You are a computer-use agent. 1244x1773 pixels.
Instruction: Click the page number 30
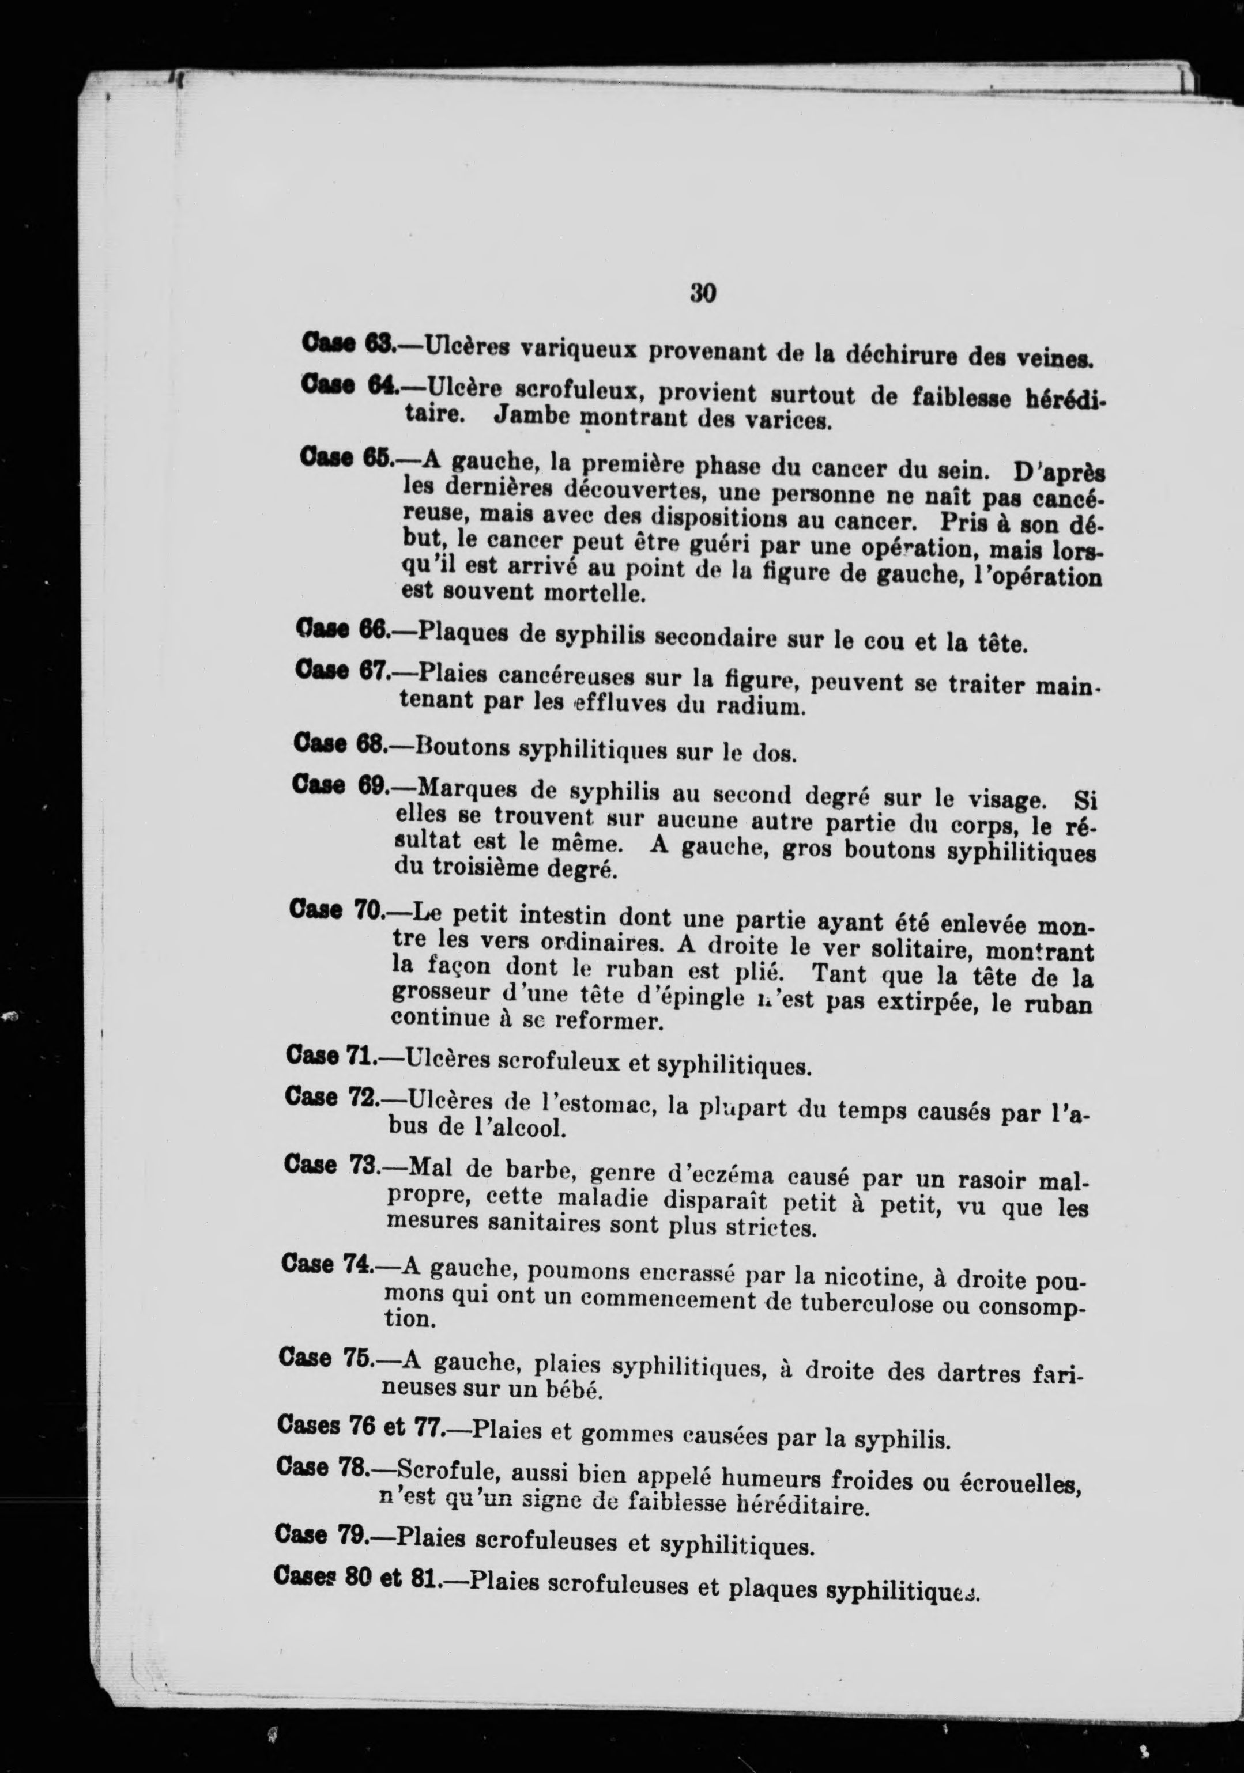pos(703,293)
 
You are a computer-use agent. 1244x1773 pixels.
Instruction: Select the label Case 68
pos(340,744)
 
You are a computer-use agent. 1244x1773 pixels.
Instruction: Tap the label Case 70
pos(337,910)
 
